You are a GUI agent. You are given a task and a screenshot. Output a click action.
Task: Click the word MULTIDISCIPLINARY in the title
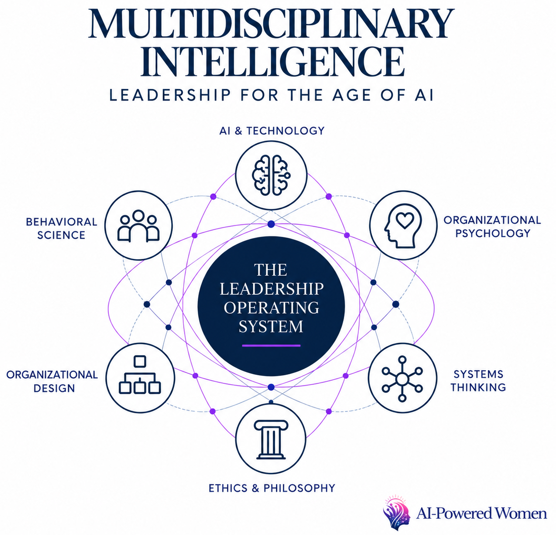(x=271, y=24)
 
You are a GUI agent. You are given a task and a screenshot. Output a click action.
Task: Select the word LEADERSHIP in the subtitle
(x=170, y=95)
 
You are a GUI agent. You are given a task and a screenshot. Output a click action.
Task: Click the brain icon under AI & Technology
(x=271, y=175)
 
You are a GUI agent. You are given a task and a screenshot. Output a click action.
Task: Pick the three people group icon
(x=138, y=226)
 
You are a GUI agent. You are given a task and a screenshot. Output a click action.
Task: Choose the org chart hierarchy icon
(x=140, y=375)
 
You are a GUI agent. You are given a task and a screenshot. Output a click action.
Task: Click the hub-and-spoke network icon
(x=402, y=379)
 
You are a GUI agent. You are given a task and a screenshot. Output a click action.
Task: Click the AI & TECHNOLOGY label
(x=272, y=131)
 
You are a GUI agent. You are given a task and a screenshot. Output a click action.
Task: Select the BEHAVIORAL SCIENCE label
(x=62, y=228)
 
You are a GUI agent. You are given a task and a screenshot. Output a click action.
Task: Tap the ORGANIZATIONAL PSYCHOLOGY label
(x=492, y=226)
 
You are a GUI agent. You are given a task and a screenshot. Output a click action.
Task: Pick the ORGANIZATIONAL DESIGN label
(x=52, y=381)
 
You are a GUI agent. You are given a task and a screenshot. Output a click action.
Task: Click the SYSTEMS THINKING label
(x=478, y=381)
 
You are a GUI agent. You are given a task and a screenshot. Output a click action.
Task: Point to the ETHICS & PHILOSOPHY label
(x=272, y=488)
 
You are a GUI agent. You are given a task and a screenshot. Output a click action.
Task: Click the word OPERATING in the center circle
(x=271, y=307)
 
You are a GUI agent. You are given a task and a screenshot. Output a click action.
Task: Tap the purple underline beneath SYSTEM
(x=271, y=346)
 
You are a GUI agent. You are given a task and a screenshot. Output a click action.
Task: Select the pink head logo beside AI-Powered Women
(x=396, y=513)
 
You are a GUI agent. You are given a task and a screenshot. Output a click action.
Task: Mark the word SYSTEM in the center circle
(x=271, y=326)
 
